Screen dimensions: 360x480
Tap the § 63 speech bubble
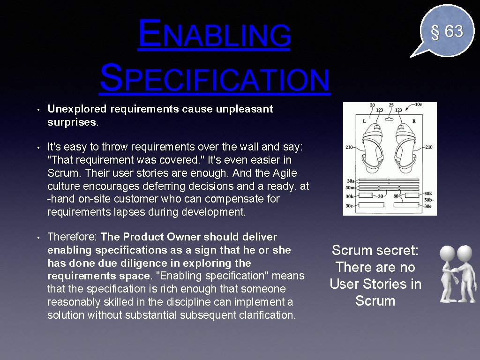[446, 31]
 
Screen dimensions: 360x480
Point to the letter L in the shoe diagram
[364, 121]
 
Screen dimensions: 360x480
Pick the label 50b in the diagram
[428, 200]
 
